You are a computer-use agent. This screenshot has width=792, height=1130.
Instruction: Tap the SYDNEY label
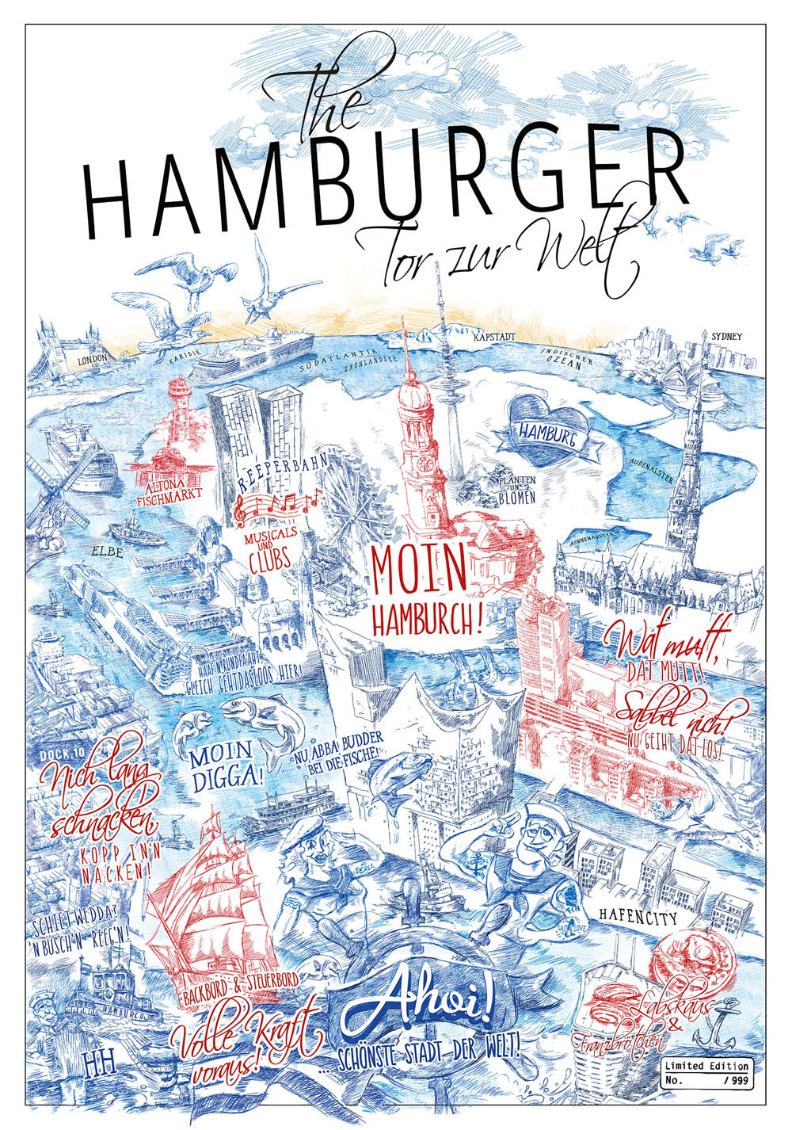click(x=727, y=336)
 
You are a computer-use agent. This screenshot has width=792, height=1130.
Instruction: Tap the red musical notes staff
click(x=277, y=504)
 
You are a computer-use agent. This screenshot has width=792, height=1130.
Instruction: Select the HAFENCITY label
click(x=638, y=919)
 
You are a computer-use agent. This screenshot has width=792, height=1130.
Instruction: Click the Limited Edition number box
click(x=707, y=1071)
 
